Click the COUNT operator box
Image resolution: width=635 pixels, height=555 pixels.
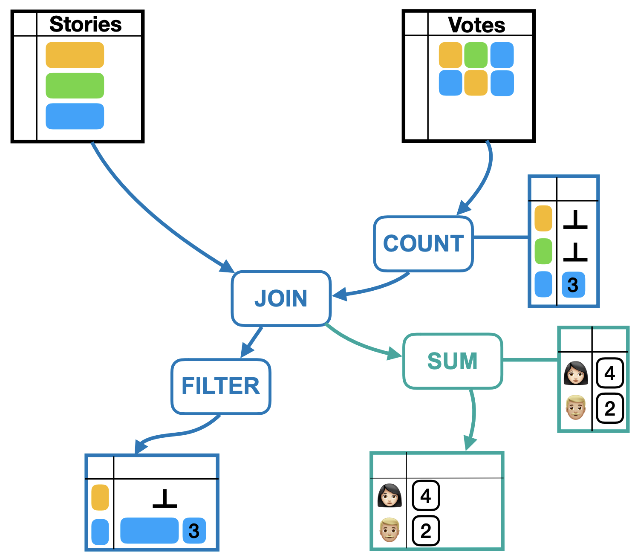coord(423,244)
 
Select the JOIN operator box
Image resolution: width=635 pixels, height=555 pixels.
coord(281,298)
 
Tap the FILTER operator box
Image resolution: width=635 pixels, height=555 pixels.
coord(221,387)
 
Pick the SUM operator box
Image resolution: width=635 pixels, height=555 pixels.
coord(453,361)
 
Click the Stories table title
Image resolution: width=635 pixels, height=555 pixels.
coord(86,24)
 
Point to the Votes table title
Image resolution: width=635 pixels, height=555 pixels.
coord(477,25)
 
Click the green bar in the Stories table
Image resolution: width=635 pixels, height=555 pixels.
coord(75,85)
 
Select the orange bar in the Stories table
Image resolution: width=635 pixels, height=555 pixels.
coord(75,55)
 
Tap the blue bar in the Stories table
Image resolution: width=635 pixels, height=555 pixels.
coord(75,116)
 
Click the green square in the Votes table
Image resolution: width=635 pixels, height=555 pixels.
coord(476,55)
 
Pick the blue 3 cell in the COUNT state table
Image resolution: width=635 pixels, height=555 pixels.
coord(573,285)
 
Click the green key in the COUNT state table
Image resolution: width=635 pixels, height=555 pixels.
coord(543,251)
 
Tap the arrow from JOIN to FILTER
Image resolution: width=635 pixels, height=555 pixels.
coord(252,341)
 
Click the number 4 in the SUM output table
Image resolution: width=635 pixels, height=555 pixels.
coord(425,496)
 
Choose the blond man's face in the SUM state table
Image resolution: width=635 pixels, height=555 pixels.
coord(575,407)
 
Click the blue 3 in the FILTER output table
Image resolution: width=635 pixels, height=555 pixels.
coord(194,530)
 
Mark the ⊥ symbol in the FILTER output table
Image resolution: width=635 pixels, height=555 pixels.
coord(165,498)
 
